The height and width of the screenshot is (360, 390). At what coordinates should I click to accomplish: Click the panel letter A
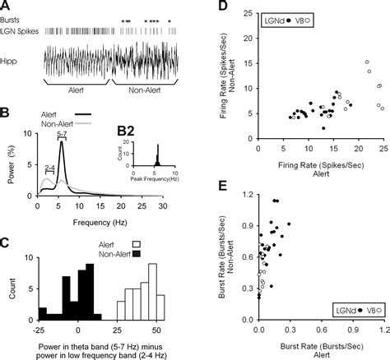pyautogui.click(x=7, y=7)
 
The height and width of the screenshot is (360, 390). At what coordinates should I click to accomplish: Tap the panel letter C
pyautogui.click(x=7, y=242)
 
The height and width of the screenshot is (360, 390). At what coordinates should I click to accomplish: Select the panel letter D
pyautogui.click(x=221, y=7)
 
